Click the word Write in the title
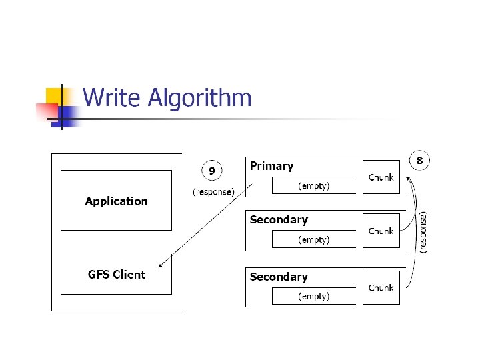coord(111,98)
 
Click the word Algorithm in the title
coord(199,99)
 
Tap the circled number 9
coord(212,171)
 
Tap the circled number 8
coord(419,160)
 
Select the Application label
coord(116,201)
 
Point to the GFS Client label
coord(116,274)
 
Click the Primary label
coord(271,166)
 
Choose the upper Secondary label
coord(279,219)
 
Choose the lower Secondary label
coord(279,277)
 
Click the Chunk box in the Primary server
coord(381,177)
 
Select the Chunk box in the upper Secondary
coord(381,231)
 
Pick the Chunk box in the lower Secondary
coord(381,287)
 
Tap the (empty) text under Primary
coord(313,186)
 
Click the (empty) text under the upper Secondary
coord(313,239)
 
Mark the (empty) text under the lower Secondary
coord(313,296)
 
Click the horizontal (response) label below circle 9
coord(213,192)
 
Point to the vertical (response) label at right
coord(424,231)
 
